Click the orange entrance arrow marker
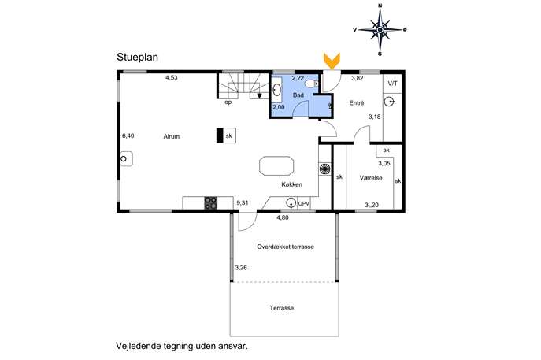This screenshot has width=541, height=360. [x=332, y=61]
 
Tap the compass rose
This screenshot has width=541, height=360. [x=380, y=30]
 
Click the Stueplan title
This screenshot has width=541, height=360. [x=137, y=57]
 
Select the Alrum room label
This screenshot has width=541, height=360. [x=172, y=136]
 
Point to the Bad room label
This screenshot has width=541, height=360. [x=298, y=95]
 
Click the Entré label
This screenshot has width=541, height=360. [x=357, y=103]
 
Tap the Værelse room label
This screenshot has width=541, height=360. [x=371, y=178]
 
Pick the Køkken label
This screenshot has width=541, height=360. [x=291, y=184]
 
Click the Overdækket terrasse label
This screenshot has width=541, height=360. [x=285, y=247]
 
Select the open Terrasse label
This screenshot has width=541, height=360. [x=282, y=308]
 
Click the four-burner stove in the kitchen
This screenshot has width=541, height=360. [x=211, y=202]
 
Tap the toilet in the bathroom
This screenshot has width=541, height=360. [x=312, y=84]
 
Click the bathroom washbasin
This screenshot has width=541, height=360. [x=276, y=90]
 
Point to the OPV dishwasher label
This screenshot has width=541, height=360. [x=304, y=204]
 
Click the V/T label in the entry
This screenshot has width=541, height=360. [x=392, y=84]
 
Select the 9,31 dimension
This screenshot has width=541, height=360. [x=243, y=203]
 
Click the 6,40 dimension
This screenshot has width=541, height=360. [x=128, y=136]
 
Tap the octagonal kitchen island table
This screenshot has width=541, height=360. [x=276, y=166]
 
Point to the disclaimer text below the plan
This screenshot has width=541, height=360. [x=182, y=346]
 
